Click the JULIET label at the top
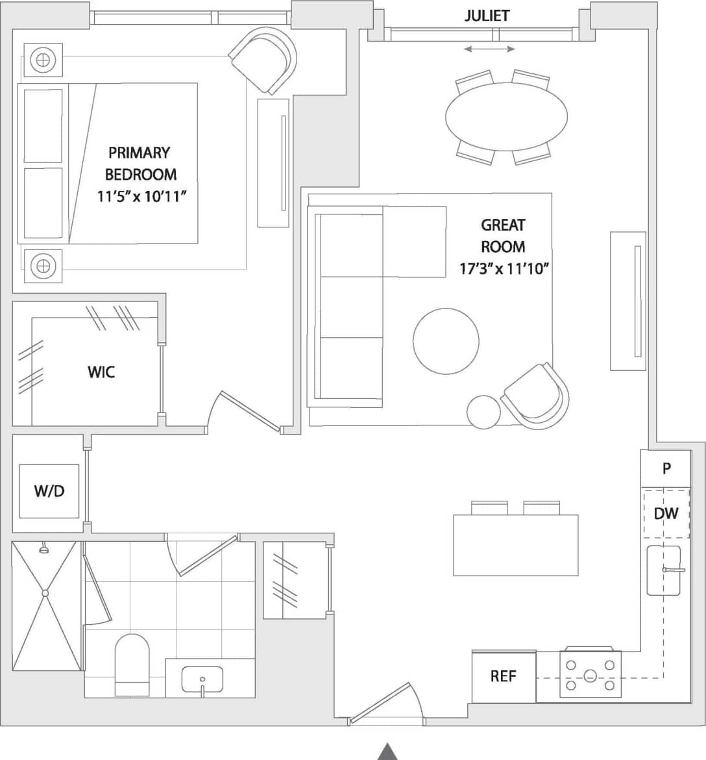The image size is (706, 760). (x=487, y=16)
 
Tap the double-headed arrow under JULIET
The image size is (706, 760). (x=490, y=49)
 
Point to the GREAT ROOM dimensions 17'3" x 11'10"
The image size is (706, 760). (x=504, y=268)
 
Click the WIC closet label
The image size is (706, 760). (x=101, y=372)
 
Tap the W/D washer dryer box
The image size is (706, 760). (x=49, y=491)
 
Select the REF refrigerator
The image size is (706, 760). (x=504, y=676)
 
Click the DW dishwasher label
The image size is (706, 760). (x=666, y=513)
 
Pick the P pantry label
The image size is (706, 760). (x=666, y=468)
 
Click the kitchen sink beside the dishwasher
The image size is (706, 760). (x=663, y=570)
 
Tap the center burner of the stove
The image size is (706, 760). (x=590, y=676)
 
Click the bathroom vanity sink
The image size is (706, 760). (x=202, y=679)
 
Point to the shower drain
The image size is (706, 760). (x=45, y=593)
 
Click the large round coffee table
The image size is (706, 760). (x=446, y=341)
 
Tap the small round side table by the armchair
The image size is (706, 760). (x=483, y=412)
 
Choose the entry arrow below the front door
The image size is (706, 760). (x=387, y=751)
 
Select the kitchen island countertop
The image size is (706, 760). (x=515, y=545)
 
